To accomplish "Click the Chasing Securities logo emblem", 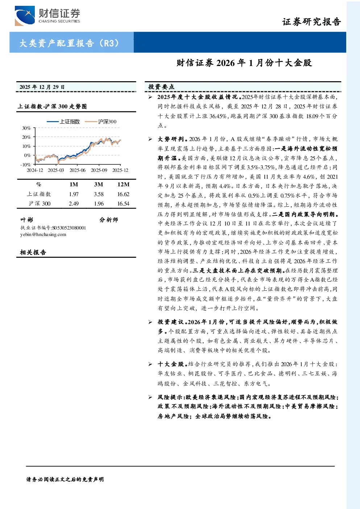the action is (x=25, y=16).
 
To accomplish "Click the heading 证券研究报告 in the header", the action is (x=311, y=22).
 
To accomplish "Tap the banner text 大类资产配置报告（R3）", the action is (x=69, y=43).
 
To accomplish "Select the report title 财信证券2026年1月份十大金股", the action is (x=244, y=63).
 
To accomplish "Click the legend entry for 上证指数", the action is (x=63, y=121).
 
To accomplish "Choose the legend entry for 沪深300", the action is (x=101, y=121).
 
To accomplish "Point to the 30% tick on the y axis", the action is (x=26, y=128).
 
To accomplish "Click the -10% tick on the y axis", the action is (x=25, y=165).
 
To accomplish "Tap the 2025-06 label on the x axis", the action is (x=77, y=170).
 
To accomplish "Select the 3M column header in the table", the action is (x=99, y=184).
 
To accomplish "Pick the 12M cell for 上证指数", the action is (x=123, y=194).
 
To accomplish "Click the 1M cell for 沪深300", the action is (x=74, y=204).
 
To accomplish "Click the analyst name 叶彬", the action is (x=27, y=220).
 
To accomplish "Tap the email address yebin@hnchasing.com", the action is (x=43, y=235).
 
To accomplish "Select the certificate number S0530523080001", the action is (x=69, y=228).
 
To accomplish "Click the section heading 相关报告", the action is (x=33, y=252).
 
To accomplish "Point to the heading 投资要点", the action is (x=161, y=87).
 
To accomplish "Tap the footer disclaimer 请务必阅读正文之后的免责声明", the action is (x=65, y=479).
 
